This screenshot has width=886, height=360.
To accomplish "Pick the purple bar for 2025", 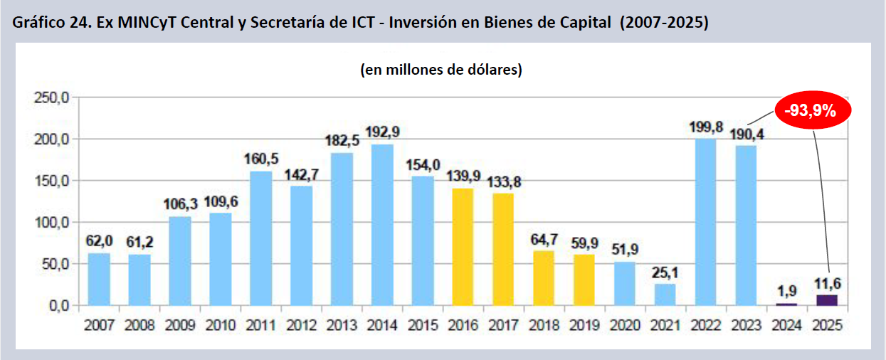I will tap(827, 300).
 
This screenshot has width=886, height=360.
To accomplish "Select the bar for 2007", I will tap(99, 279).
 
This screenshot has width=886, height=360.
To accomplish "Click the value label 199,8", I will tap(705, 127).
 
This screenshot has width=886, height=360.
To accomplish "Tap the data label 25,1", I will tap(665, 272).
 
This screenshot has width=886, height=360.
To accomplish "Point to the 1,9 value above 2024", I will tap(786, 291).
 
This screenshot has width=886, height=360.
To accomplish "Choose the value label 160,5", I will tap(261, 159).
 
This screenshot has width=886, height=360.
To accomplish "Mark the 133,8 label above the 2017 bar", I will tap(503, 181).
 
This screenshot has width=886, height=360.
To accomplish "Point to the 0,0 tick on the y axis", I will tap(56, 305).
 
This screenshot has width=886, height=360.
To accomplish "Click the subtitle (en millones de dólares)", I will tap(442, 70).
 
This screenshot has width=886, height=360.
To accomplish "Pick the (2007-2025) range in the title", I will tap(664, 23).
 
